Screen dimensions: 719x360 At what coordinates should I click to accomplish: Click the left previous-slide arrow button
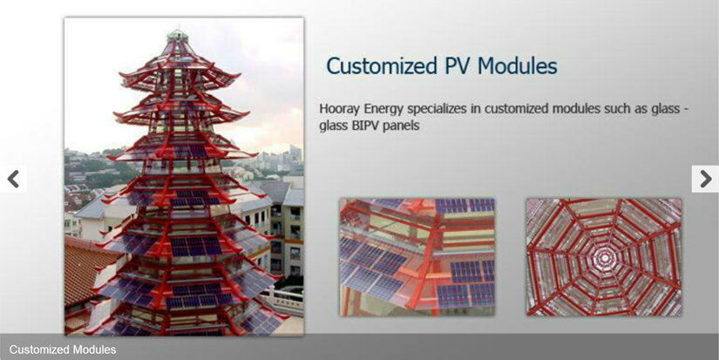click(x=13, y=179)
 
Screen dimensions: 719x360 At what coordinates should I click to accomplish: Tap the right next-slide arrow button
click(x=705, y=179)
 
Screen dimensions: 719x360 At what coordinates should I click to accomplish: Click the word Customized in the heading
click(x=382, y=66)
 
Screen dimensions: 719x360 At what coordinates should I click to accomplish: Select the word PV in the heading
click(x=458, y=65)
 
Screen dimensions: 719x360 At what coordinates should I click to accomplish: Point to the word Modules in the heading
click(x=517, y=65)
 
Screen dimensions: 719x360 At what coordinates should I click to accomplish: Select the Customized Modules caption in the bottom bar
click(x=63, y=350)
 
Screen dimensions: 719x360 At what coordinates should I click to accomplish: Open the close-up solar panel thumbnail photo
click(x=417, y=257)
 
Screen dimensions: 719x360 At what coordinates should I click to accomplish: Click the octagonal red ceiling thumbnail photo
click(x=604, y=257)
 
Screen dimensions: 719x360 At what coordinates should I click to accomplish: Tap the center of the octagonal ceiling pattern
click(x=604, y=258)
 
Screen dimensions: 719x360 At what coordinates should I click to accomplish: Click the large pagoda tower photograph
click(x=184, y=177)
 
